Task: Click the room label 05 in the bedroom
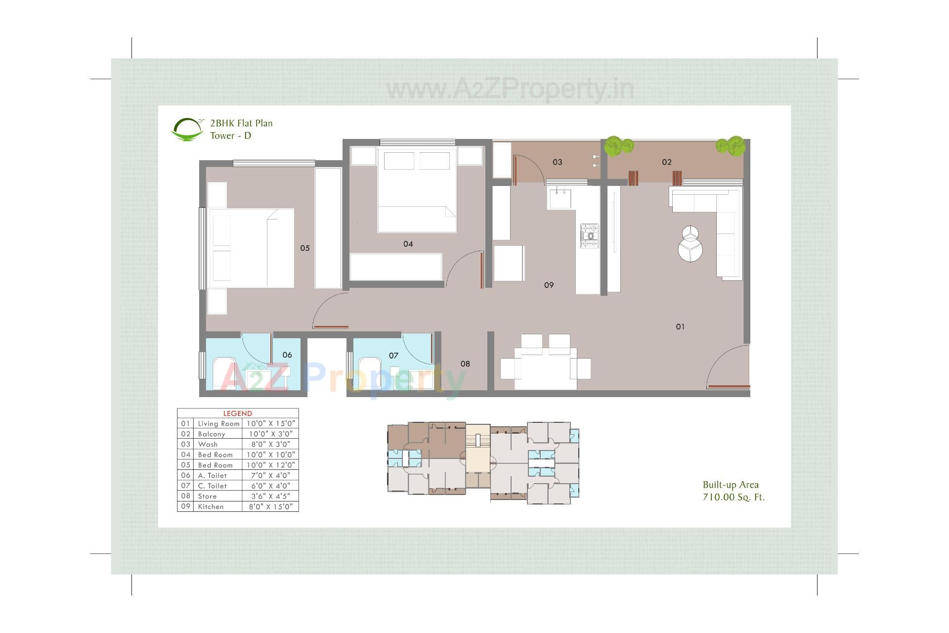click(x=305, y=248)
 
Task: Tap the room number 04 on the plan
click(x=408, y=244)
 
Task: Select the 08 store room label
click(x=465, y=364)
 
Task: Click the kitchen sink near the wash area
click(x=560, y=198)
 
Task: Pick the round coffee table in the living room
click(x=690, y=243)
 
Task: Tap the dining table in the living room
click(x=545, y=368)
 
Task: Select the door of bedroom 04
click(x=481, y=270)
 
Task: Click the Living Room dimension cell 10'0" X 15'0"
click(x=270, y=424)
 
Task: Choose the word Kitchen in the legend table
click(x=211, y=507)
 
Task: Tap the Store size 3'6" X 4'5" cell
click(x=270, y=497)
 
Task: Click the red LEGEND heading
click(x=238, y=413)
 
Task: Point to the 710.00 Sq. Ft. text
click(x=733, y=497)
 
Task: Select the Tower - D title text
click(x=230, y=136)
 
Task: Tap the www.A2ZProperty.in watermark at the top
click(x=510, y=90)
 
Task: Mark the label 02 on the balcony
click(x=667, y=162)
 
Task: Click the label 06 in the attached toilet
click(x=287, y=355)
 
